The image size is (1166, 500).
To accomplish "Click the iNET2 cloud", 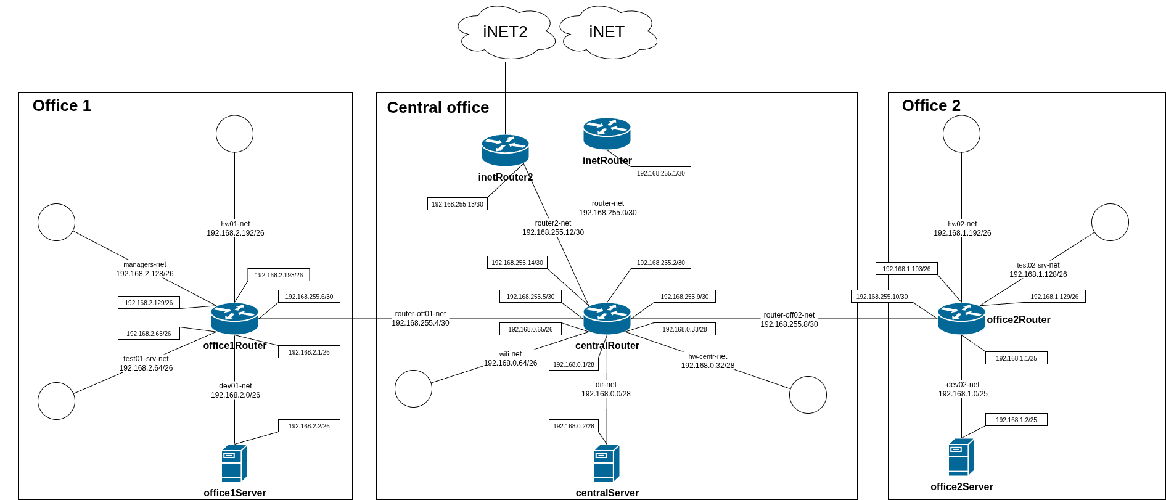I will tap(505, 32).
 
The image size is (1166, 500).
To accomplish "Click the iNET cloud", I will tap(607, 32).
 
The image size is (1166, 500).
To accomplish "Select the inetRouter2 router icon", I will tap(505, 150).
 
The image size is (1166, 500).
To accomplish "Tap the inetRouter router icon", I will tap(607, 134).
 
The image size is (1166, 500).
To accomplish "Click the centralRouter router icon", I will tap(607, 319).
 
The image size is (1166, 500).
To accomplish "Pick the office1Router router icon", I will tap(234, 319).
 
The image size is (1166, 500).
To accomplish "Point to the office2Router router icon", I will tap(961, 319).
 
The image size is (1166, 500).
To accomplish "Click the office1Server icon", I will tap(234, 463).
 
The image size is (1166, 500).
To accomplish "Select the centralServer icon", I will tap(606, 463).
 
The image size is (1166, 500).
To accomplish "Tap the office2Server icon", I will tap(961, 457).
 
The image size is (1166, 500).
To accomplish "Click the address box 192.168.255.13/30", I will tap(458, 204).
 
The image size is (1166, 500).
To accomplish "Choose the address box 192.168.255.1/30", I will tap(660, 173).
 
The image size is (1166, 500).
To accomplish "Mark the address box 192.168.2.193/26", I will tap(279, 275).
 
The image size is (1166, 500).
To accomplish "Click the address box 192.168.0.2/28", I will tap(573, 426).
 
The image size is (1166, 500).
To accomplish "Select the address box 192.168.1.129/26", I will tap(1054, 297).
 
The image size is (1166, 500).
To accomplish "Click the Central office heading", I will tap(438, 107).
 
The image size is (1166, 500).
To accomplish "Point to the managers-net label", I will tap(145, 264).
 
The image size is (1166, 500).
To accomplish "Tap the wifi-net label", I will tap(511, 354).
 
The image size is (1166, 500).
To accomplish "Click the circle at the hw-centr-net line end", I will tap(808, 395).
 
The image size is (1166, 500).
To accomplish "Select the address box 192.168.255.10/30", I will tap(882, 297).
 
